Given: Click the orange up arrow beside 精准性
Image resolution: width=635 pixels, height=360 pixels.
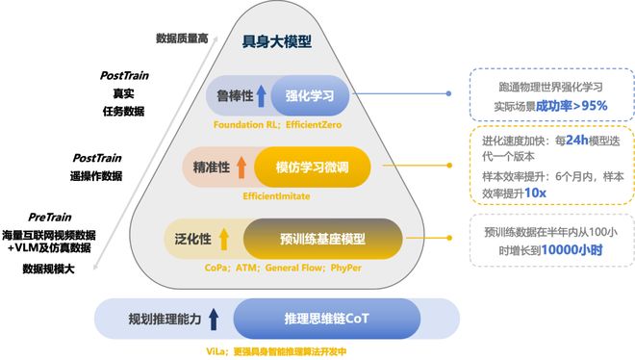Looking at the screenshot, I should click(241, 167).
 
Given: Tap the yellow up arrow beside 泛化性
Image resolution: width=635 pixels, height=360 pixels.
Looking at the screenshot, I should click(223, 239).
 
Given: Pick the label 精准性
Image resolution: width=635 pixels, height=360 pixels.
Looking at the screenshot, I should click(211, 167).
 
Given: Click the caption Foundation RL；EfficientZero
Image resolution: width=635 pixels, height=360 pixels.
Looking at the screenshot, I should click(279, 124).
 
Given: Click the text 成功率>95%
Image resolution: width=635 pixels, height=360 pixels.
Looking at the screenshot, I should click(571, 105).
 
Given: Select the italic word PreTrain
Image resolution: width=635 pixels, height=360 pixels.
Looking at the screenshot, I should click(49, 217).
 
